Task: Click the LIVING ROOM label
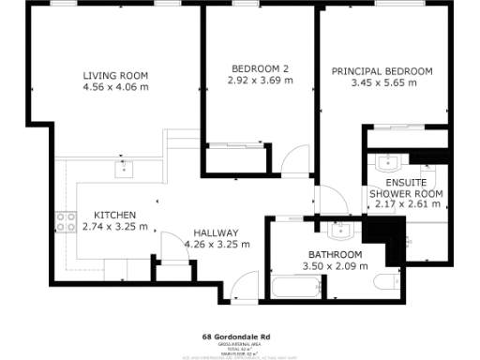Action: (x=115, y=75)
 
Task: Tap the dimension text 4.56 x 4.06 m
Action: (x=115, y=88)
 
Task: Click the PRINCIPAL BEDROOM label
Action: (x=382, y=71)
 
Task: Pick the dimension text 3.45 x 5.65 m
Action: (x=382, y=83)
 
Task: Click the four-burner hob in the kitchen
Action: (x=67, y=221)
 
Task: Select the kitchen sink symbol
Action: (x=123, y=169)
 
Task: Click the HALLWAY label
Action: (x=216, y=232)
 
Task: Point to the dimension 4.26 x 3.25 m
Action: (x=217, y=245)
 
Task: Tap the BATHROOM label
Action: (x=335, y=254)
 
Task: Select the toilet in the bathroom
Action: (x=385, y=282)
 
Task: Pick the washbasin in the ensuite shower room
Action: (x=388, y=160)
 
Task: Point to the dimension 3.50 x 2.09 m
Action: (x=335, y=266)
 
